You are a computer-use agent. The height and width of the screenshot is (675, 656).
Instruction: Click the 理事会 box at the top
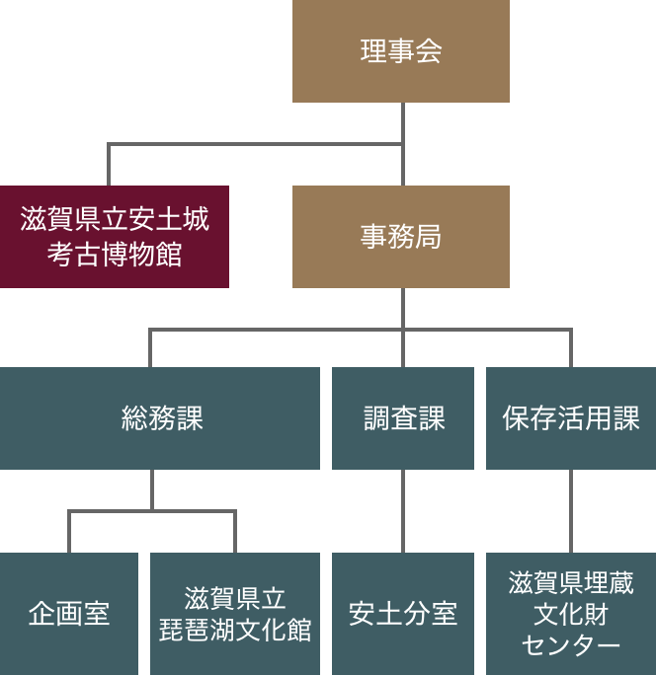point(400,51)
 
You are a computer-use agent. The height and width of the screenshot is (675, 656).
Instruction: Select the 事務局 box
point(400,237)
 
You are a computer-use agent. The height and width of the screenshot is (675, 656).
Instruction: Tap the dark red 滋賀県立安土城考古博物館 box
point(115,237)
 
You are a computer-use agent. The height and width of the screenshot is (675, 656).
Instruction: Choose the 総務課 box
point(160,418)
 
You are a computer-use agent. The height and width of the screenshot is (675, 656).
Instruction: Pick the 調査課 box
point(403,418)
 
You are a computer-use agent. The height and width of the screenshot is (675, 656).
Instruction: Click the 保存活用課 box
point(571,418)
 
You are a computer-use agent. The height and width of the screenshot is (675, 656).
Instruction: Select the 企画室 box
point(69,614)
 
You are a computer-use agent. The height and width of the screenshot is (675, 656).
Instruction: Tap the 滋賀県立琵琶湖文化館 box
point(235,614)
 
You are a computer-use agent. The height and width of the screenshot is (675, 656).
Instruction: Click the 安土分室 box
point(403,614)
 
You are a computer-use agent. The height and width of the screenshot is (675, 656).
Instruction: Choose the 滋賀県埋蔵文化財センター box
point(571,614)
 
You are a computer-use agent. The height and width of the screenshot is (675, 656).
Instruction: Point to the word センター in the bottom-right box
point(571,645)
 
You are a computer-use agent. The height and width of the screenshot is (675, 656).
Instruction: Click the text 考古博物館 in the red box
point(115,254)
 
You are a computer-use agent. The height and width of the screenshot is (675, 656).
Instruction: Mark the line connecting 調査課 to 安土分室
point(403,510)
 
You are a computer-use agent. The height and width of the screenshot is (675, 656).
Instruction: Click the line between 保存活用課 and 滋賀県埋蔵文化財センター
point(571,510)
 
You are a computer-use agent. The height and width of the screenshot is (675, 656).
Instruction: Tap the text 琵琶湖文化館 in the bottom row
point(235,630)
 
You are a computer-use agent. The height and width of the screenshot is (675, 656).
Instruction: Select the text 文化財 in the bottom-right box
point(571,614)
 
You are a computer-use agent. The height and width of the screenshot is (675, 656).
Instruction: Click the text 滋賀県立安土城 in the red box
point(115,219)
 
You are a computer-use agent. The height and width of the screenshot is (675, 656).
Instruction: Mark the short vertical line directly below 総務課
point(152,489)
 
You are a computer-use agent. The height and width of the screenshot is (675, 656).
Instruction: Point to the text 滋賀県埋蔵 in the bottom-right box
point(571,583)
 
